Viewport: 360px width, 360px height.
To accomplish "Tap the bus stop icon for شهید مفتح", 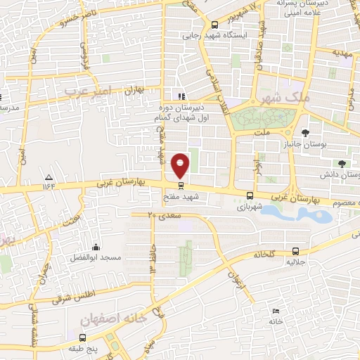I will point(181,186).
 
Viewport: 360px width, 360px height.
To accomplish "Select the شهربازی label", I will point(251,207).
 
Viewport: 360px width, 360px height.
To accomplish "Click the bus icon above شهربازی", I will point(250,196).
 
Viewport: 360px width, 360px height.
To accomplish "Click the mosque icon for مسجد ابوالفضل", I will point(96,247).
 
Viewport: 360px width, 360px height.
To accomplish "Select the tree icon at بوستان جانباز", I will point(304,132).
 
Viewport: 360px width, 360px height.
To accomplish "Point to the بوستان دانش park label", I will point(340,173).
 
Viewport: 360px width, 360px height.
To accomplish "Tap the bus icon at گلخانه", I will point(296,250).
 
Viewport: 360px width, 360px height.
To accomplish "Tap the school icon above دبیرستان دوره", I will point(182,96).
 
